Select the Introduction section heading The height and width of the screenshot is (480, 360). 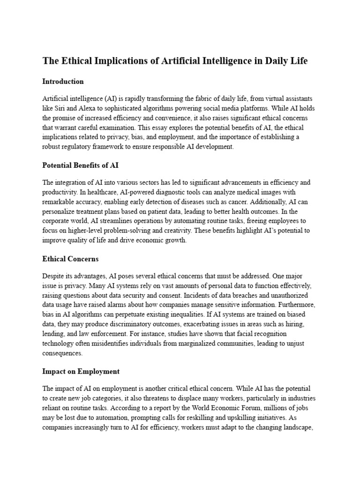[63, 82]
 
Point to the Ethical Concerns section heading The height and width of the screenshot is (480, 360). [70, 259]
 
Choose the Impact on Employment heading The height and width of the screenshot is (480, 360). [81, 371]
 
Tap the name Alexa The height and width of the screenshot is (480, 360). [88, 109]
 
